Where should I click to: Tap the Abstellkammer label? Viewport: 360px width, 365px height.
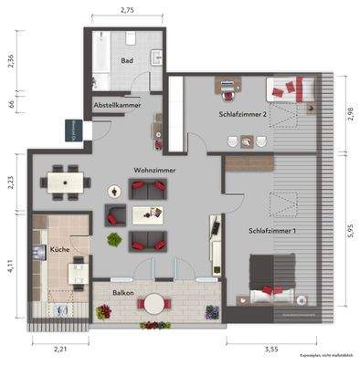tap(115, 106)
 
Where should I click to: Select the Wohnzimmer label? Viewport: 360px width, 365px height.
tap(154, 171)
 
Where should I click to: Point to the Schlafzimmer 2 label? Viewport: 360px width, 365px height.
tap(242, 114)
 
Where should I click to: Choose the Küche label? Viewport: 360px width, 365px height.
tap(59, 248)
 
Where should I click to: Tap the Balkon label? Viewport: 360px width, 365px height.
tap(123, 293)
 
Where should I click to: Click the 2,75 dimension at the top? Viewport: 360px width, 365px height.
tap(127, 9)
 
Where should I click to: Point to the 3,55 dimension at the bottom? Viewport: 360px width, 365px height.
tap(270, 349)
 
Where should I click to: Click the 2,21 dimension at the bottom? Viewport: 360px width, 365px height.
tap(61, 349)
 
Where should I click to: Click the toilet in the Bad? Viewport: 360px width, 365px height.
tap(132, 38)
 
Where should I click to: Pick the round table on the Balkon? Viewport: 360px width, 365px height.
tap(154, 302)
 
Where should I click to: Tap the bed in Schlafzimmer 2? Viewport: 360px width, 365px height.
tap(291, 89)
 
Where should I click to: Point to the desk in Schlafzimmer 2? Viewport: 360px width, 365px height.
tap(226, 86)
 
